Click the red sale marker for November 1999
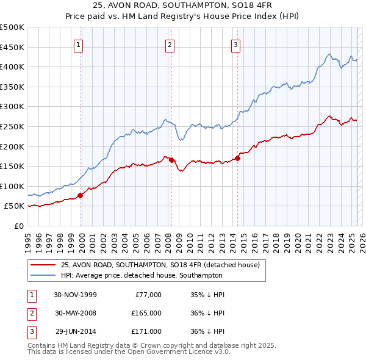81,195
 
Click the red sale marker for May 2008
171,160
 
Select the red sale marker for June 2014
237,157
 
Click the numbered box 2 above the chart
169,44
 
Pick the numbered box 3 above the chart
235,44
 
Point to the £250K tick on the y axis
12,126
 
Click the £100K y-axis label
12,186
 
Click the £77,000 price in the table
148,295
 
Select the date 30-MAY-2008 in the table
76,313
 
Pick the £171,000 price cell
146,331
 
